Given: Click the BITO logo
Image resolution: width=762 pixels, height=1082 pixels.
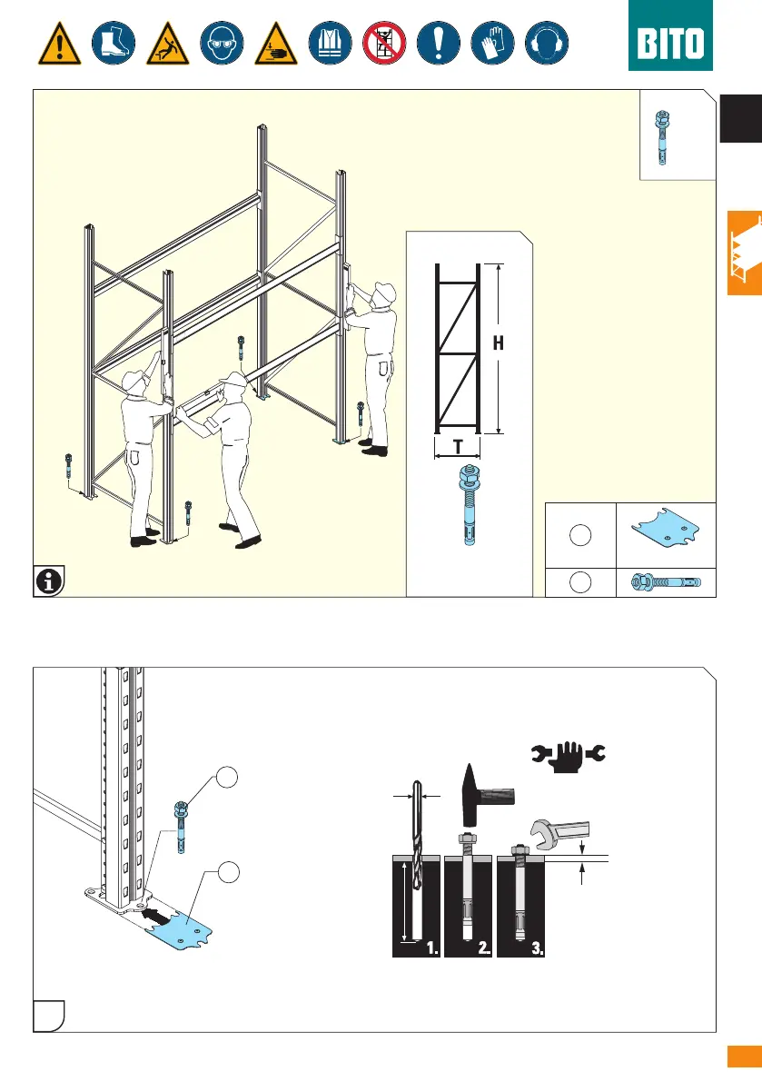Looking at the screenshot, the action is (670, 35).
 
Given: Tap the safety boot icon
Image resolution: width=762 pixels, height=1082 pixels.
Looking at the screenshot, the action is (114, 43).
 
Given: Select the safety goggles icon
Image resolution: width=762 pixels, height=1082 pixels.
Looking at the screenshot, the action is (222, 43).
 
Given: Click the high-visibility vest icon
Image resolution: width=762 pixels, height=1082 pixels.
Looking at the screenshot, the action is (331, 43).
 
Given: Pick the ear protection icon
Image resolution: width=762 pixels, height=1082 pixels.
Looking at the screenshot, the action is (547, 43).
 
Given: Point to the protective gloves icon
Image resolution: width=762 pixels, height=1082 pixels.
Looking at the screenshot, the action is (493, 43).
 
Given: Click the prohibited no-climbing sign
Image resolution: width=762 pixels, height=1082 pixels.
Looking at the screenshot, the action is (384, 43).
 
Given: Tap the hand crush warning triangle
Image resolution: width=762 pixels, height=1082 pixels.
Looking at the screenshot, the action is (276, 45).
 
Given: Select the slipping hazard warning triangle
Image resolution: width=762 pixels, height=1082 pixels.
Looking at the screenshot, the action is (168, 45).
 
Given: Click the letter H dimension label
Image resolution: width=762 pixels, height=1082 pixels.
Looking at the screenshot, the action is (499, 343).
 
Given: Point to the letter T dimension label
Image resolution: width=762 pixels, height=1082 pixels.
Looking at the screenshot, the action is (458, 446).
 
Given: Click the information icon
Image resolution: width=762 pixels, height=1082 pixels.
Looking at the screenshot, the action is (49, 581).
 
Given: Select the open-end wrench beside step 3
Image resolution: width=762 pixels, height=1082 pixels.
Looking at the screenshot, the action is (560, 831).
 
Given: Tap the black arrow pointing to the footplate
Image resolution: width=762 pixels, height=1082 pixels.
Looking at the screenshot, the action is (156, 917).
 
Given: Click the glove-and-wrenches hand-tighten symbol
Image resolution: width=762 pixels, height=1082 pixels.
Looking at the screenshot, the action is (569, 756).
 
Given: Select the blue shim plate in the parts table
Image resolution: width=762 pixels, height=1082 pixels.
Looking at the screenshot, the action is (666, 530).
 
